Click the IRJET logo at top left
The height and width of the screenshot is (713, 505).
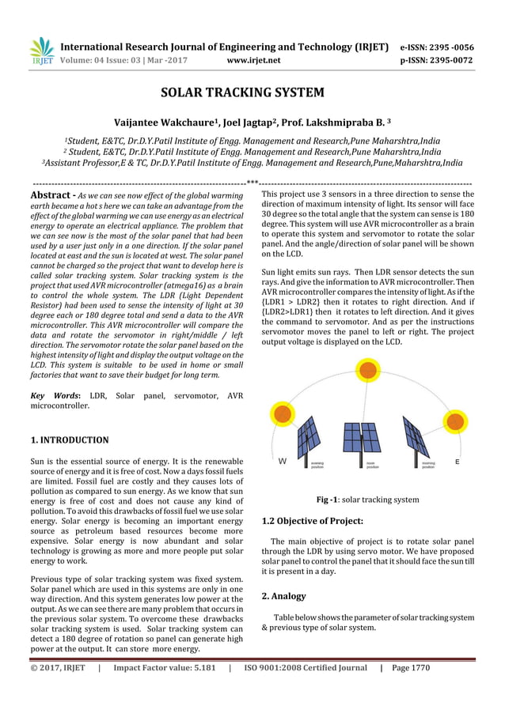pyautogui.click(x=41, y=51)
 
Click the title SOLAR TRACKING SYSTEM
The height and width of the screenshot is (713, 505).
pyautogui.click(x=242, y=92)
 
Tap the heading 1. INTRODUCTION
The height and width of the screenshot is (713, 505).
pyautogui.click(x=70, y=439)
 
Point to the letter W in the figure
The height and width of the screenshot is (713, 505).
pyautogui.click(x=282, y=461)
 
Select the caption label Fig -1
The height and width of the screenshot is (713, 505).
pyautogui.click(x=328, y=500)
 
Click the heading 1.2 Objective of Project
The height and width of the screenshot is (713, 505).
pyautogui.click(x=312, y=521)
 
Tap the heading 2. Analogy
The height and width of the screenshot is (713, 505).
pyautogui.click(x=283, y=596)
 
